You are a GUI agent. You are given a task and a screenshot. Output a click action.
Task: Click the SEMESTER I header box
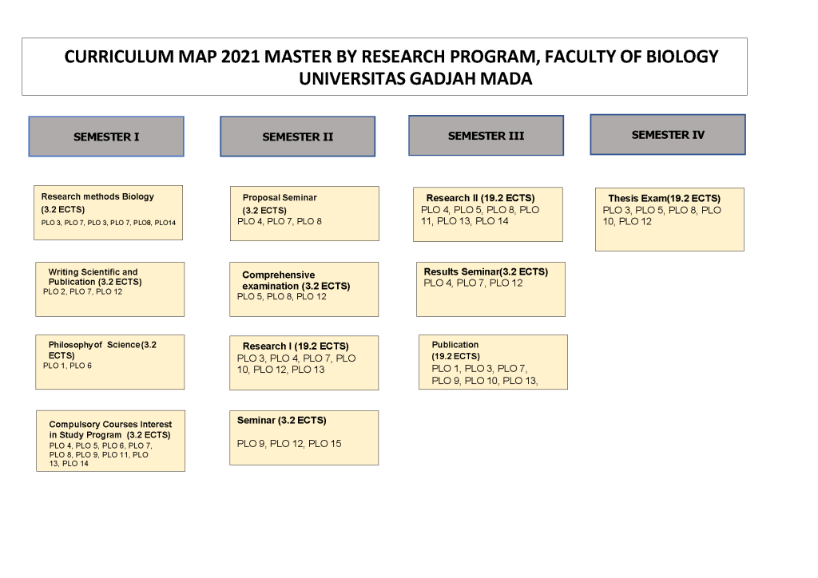point(106,137)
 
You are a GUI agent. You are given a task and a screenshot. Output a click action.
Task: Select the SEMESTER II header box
point(297,137)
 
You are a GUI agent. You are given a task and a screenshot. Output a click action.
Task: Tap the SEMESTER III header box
point(486,136)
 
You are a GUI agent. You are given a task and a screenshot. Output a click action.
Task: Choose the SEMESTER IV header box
point(668,134)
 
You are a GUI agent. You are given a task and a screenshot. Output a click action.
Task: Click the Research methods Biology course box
point(108,212)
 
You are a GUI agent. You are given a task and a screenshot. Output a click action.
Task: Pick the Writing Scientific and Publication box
point(110,289)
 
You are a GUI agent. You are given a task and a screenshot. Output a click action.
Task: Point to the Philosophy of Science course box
point(110,362)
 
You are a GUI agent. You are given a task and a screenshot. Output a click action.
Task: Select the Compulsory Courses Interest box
point(110,441)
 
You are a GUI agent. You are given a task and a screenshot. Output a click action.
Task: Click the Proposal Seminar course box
point(304,214)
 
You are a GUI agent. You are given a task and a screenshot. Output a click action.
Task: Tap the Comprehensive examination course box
point(304,289)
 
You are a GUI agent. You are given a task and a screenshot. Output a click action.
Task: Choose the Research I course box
point(304,362)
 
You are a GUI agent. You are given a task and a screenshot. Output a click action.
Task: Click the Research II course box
point(488,214)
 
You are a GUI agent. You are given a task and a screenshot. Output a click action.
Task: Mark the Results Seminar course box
point(491,289)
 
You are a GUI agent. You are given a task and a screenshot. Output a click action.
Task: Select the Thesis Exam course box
point(670,220)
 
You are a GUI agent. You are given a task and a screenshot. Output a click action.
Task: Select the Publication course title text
point(455,345)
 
